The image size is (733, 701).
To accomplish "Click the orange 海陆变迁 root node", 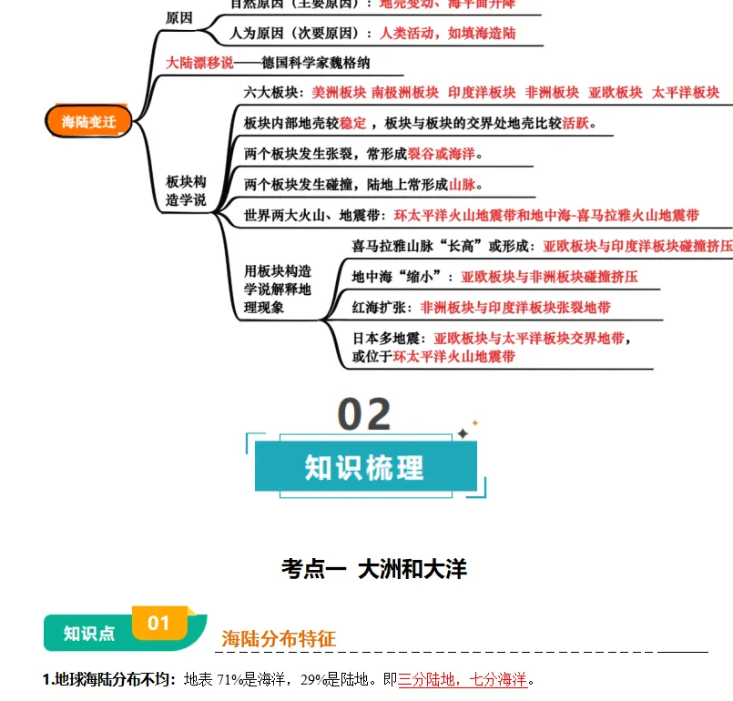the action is click(88, 121).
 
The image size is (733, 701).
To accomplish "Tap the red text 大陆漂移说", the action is click(199, 63).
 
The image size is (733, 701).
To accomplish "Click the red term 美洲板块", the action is click(339, 92).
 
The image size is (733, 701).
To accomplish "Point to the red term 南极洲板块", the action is click(405, 92).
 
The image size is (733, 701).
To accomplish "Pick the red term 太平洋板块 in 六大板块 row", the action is click(686, 92).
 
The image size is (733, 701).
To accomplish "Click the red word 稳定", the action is click(353, 123).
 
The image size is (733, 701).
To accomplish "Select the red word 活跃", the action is click(575, 123).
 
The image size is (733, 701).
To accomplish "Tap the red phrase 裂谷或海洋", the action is click(442, 153).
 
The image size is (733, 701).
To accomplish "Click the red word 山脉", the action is click(463, 185).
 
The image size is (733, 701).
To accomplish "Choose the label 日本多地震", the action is click(389, 339).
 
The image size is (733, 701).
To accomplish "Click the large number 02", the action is click(364, 415).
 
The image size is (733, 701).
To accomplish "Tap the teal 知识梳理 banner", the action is click(364, 468).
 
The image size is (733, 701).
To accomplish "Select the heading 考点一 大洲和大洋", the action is click(374, 570).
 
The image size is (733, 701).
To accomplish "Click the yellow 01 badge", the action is click(159, 623).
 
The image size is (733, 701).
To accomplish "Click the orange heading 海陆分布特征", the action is click(279, 639).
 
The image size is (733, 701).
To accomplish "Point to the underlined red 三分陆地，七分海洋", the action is click(463, 679).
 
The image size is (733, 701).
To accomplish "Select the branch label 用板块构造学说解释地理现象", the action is click(278, 290).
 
